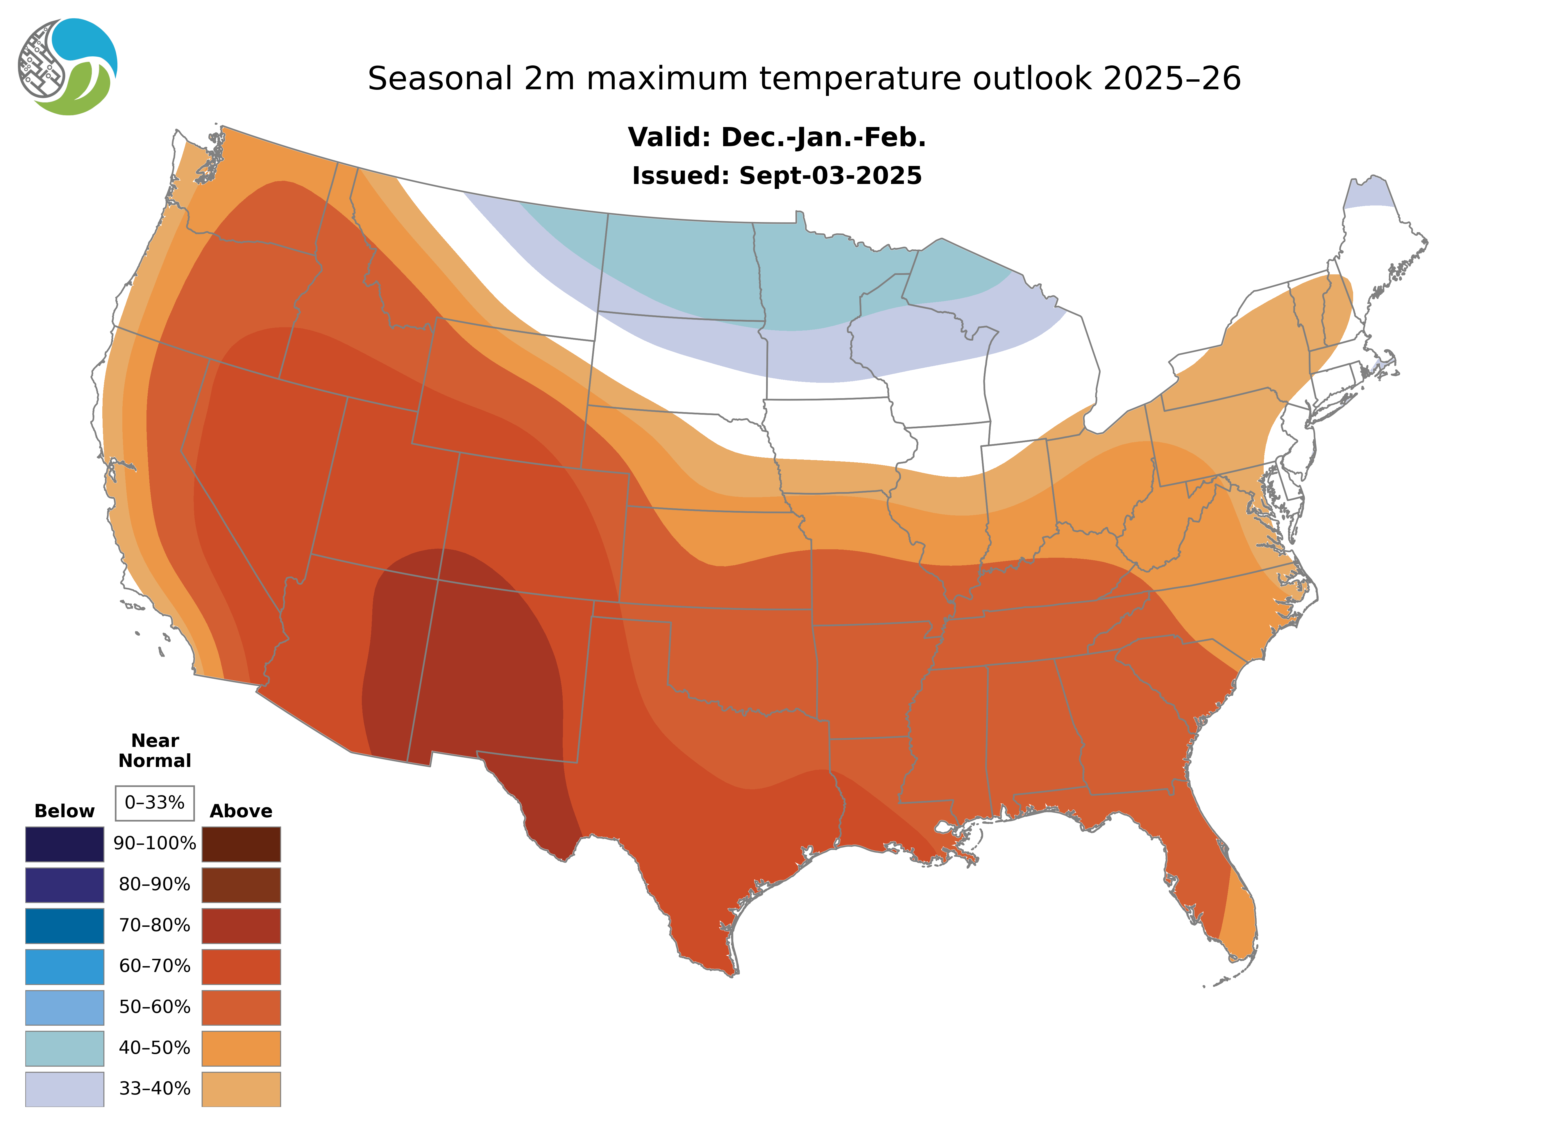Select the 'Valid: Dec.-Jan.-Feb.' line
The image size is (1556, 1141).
pyautogui.click(x=776, y=137)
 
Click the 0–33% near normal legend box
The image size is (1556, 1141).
pyautogui.click(x=155, y=803)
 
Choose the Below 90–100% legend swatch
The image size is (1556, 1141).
pyautogui.click(x=65, y=844)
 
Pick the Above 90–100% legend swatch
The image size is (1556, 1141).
pyautogui.click(x=241, y=844)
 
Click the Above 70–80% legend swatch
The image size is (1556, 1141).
pyautogui.click(x=241, y=926)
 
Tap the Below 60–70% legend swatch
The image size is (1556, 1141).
pyautogui.click(x=65, y=966)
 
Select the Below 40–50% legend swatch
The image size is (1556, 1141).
pyautogui.click(x=65, y=1048)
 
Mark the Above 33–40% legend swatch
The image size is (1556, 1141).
pyautogui.click(x=241, y=1088)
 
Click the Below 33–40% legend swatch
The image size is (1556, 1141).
pyautogui.click(x=65, y=1088)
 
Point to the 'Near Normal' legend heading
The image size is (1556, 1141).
pyautogui.click(x=155, y=751)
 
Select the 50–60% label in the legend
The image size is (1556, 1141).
pyautogui.click(x=155, y=1007)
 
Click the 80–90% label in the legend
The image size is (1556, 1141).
pyautogui.click(x=155, y=885)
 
